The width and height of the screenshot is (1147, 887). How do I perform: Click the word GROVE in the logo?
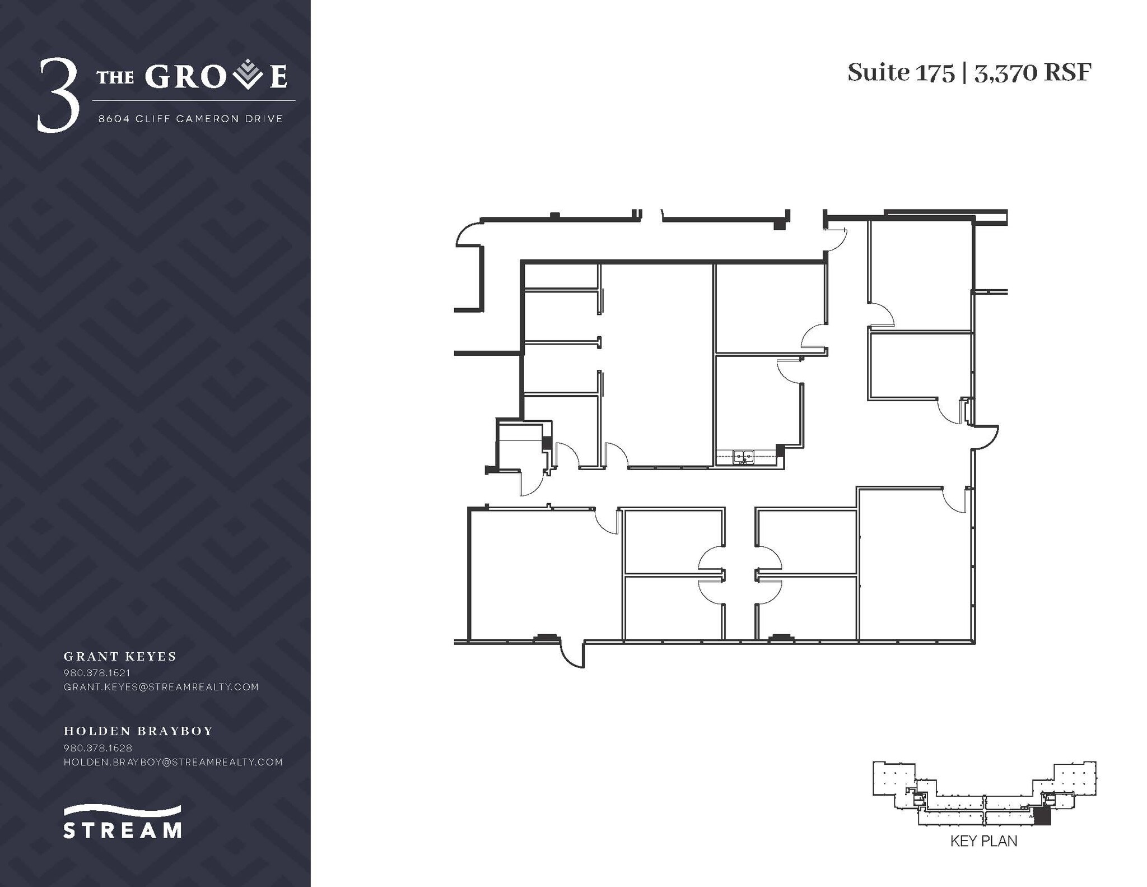[x=216, y=77]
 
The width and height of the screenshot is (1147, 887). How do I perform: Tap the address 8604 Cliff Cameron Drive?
[x=190, y=119]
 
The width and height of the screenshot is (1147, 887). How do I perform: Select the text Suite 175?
[x=900, y=73]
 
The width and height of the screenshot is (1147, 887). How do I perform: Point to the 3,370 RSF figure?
[x=1033, y=73]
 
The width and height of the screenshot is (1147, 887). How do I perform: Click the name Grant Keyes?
[x=120, y=656]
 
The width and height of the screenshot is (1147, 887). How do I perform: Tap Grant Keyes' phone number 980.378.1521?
[x=97, y=672]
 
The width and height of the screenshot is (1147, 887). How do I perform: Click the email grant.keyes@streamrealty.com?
[x=161, y=687]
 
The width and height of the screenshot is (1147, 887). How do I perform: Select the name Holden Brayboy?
[x=138, y=731]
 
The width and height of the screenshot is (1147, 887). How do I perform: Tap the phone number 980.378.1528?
[x=98, y=747]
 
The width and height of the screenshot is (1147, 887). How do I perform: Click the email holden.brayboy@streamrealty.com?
[x=173, y=762]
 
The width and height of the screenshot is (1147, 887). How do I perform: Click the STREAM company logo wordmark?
[x=122, y=829]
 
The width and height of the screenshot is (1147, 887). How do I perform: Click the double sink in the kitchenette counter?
[x=743, y=457]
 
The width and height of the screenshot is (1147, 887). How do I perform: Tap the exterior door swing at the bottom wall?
[x=572, y=656]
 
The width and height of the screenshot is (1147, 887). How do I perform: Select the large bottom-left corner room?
[x=542, y=574]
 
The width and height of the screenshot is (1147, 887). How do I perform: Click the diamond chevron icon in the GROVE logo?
[x=247, y=76]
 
